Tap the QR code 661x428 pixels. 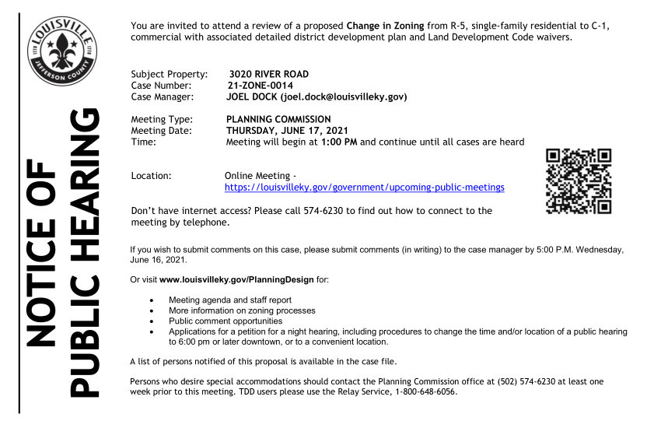579,181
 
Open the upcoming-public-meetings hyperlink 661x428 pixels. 364,188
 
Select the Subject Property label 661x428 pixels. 170,73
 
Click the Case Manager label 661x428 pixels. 166,97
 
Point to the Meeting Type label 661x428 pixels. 163,119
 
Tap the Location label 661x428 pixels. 152,176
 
